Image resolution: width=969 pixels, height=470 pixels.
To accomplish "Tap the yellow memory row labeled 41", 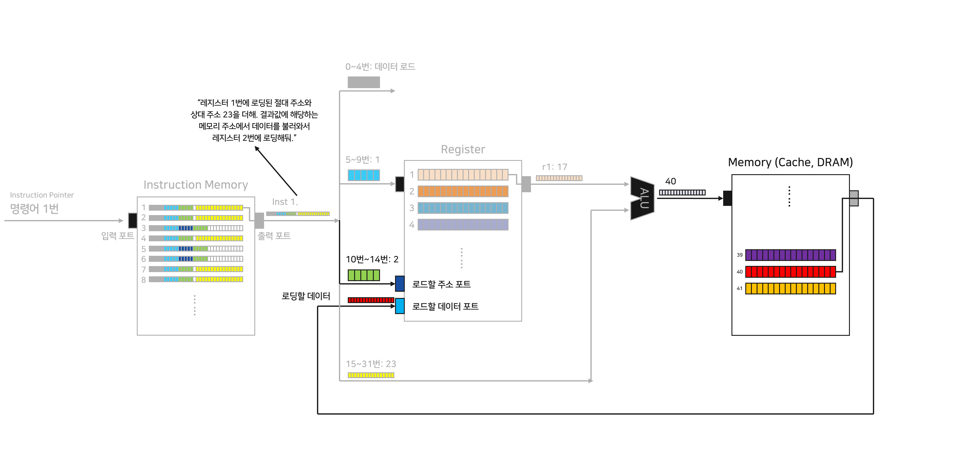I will click(x=790, y=288).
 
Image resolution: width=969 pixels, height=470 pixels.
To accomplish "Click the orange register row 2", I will click(x=463, y=191).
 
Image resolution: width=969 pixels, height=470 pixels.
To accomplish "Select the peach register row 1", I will click(x=463, y=175).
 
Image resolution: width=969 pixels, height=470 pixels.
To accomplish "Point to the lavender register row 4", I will click(x=463, y=225).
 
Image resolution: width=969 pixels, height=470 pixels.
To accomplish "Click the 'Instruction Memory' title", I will click(x=196, y=185).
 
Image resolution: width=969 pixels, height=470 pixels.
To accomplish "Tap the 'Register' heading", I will click(x=463, y=149).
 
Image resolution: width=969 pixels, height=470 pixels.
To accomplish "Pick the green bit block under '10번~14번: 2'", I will click(x=363, y=275).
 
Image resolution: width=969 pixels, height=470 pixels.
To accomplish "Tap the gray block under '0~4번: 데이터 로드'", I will click(x=363, y=82).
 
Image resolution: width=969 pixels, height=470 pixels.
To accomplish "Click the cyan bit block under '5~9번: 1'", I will click(x=363, y=175).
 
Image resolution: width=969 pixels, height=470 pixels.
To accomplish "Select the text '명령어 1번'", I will click(x=34, y=209).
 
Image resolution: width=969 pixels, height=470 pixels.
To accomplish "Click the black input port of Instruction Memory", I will click(x=132, y=221).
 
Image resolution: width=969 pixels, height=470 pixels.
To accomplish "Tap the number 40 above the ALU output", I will click(x=670, y=181).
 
